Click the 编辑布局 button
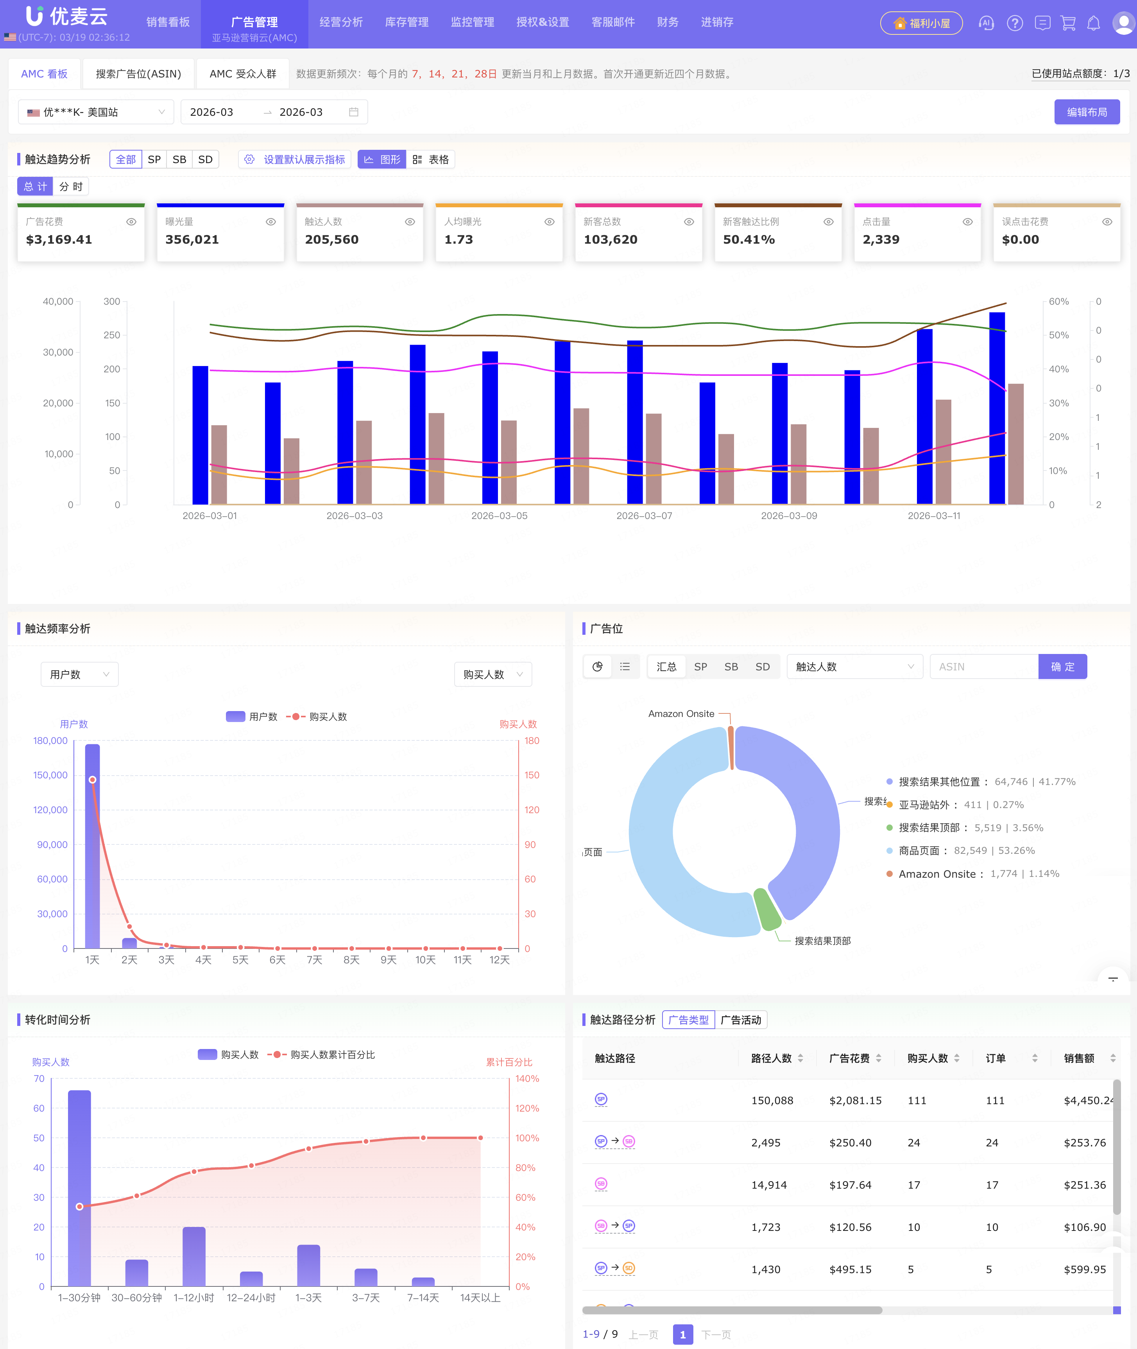point(1086,112)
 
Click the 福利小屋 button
point(921,23)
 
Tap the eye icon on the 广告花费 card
point(131,222)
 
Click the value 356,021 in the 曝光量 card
point(192,240)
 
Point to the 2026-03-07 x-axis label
point(644,516)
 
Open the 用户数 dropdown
point(79,674)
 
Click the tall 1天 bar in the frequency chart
point(92,845)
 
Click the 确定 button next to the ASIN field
point(1062,667)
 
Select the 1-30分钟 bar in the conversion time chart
point(79,1187)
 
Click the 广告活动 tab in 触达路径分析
point(741,1020)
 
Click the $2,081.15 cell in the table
point(855,1101)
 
